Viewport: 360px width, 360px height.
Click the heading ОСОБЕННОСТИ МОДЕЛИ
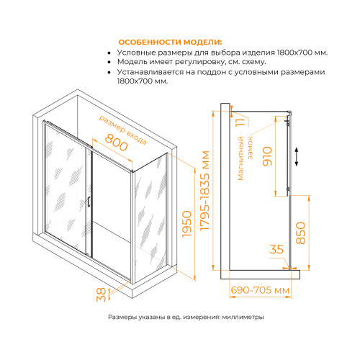pos(171,42)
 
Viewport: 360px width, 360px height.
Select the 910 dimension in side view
pos(267,154)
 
